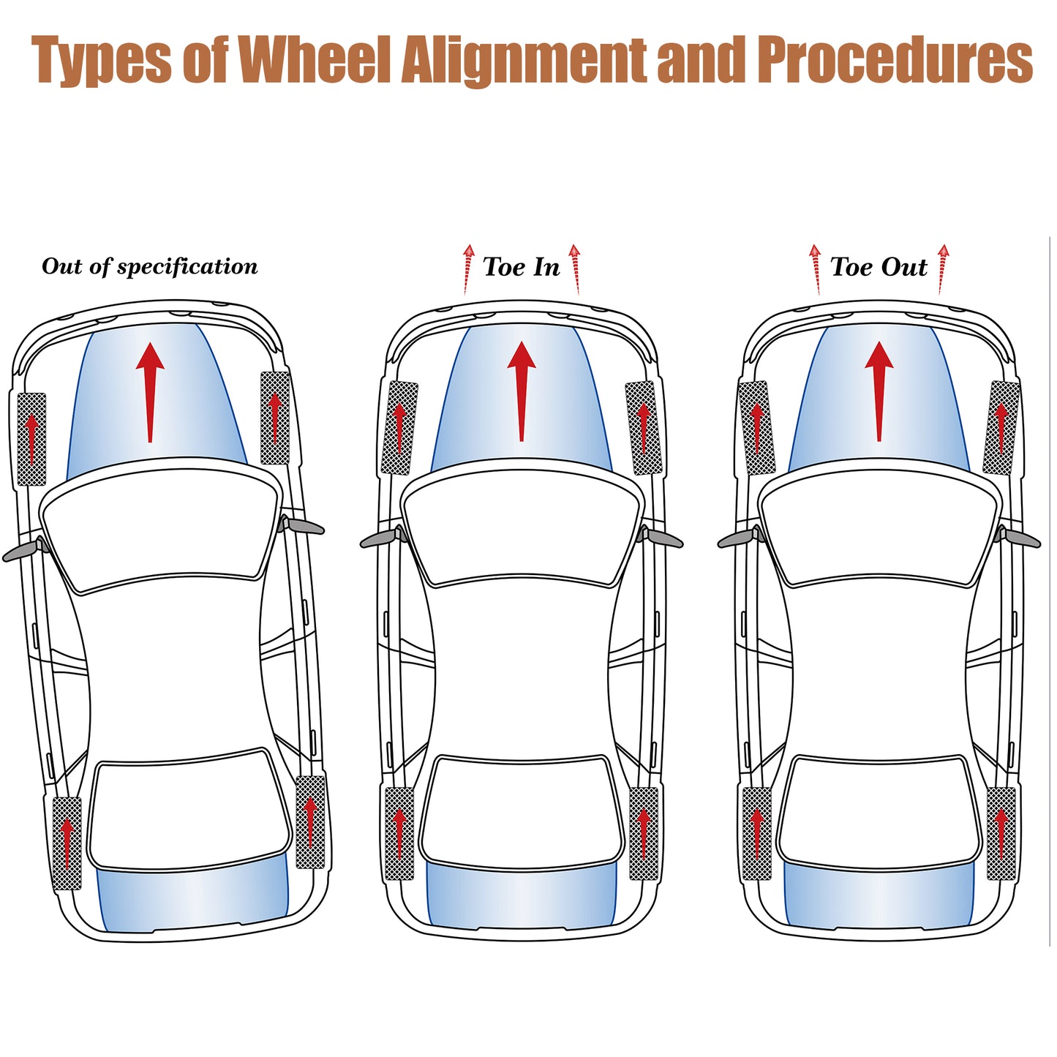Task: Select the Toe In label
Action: pyautogui.click(x=521, y=267)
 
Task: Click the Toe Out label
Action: pyautogui.click(x=879, y=267)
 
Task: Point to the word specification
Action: pyautogui.click(x=187, y=267)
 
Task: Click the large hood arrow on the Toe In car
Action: pyautogui.click(x=521, y=391)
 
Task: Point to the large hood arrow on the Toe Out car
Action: pyautogui.click(x=879, y=391)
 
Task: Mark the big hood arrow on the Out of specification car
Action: pyautogui.click(x=150, y=392)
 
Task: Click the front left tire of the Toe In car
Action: pyautogui.click(x=399, y=428)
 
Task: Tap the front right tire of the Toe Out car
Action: pyautogui.click(x=1001, y=428)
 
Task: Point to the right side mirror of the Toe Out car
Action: pyautogui.click(x=1018, y=537)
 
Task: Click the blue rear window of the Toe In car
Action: pyautogui.click(x=521, y=896)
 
